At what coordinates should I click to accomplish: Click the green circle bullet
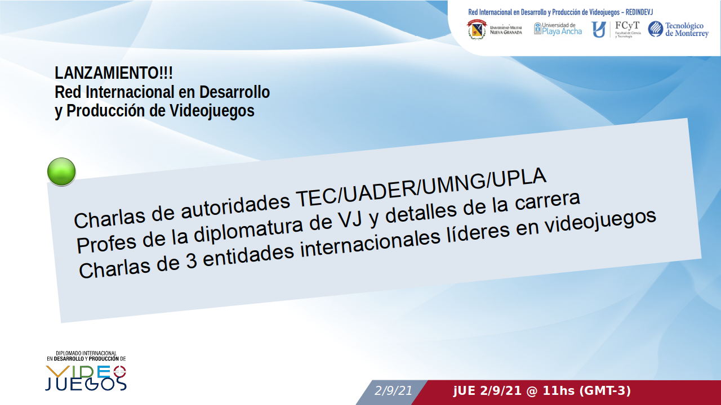pyautogui.click(x=61, y=172)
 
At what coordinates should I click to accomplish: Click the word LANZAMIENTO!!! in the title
pyautogui.click(x=114, y=73)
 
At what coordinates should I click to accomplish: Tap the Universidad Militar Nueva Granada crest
pyautogui.click(x=477, y=30)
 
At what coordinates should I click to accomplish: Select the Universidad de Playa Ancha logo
pyautogui.click(x=558, y=29)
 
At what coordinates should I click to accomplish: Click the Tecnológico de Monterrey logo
pyautogui.click(x=678, y=29)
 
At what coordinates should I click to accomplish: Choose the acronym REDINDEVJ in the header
pyautogui.click(x=639, y=12)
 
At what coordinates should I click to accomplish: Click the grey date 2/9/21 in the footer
pyautogui.click(x=393, y=391)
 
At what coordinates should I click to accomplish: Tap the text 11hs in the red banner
pyautogui.click(x=558, y=391)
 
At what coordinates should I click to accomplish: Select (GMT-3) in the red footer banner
pyautogui.click(x=605, y=391)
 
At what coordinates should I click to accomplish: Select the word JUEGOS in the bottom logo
pyautogui.click(x=86, y=384)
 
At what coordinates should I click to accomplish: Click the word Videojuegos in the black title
pyautogui.click(x=212, y=111)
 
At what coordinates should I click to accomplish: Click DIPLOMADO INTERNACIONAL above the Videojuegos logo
pyautogui.click(x=86, y=353)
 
